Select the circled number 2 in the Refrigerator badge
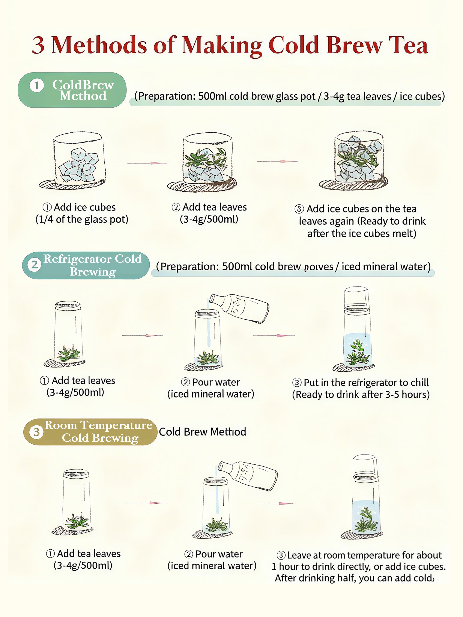[34, 264]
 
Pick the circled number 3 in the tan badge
[36, 432]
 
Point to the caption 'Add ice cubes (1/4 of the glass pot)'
[82, 213]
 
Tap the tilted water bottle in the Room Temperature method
[248, 476]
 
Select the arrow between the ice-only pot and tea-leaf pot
[147, 163]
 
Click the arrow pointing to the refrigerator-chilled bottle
[274, 335]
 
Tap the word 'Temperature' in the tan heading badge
[117, 425]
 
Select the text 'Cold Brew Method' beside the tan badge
[203, 432]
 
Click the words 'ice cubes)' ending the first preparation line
[422, 96]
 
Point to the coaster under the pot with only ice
[72, 184]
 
